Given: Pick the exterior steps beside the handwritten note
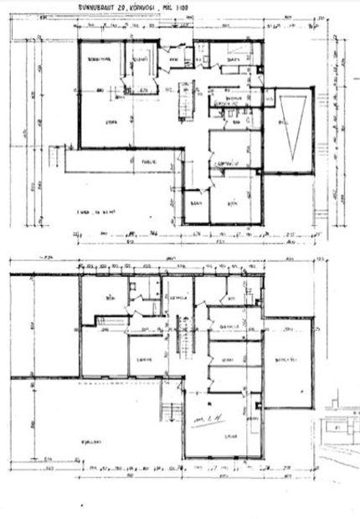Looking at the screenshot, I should (x=172, y=413).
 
